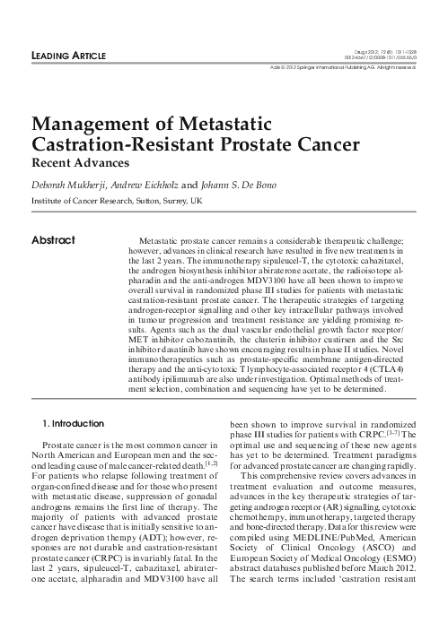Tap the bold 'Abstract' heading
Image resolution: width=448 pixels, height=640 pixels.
[53, 240]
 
